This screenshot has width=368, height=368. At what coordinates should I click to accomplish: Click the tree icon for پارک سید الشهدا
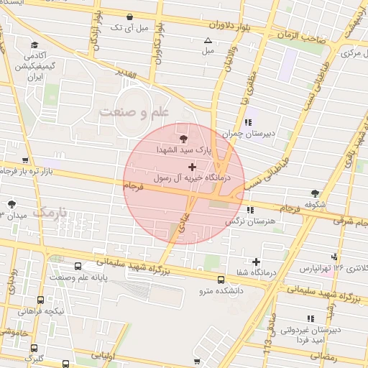[184, 139]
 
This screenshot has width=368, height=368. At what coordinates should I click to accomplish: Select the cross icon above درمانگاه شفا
[256, 261]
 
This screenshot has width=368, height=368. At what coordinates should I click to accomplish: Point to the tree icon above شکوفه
[315, 193]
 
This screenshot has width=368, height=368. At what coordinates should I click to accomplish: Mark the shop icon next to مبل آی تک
[129, 17]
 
